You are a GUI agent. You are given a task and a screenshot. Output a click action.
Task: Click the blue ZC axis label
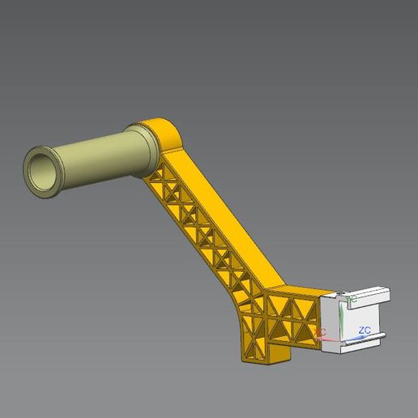[x=365, y=330]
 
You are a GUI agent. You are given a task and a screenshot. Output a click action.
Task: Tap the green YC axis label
[x=352, y=299]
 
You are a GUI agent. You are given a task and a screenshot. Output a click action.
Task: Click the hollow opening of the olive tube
[x=41, y=171]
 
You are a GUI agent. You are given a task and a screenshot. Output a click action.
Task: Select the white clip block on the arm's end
[x=356, y=320]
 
